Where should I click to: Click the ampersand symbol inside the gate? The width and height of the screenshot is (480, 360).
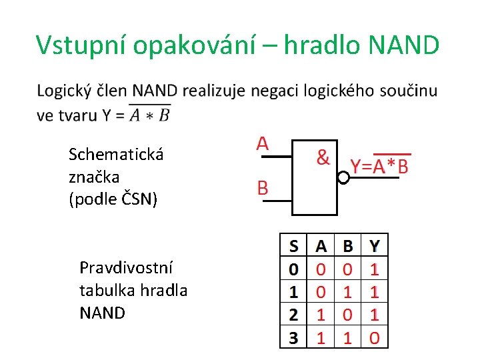coord(323,157)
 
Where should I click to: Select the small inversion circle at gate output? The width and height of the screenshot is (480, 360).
coord(343,178)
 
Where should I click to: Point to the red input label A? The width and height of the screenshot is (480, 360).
coord(263,143)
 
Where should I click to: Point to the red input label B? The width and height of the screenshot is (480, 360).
coord(263,188)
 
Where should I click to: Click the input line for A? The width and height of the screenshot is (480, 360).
coord(276,157)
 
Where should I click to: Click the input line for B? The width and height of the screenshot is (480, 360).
coord(276,199)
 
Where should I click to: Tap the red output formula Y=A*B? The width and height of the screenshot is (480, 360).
coord(379,167)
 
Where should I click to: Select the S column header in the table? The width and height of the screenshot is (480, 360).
coord(293,247)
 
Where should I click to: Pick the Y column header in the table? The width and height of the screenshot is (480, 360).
coord(375,247)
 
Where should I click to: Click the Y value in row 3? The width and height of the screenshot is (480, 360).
coord(375,338)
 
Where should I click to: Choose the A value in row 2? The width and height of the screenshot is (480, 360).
coord(321,315)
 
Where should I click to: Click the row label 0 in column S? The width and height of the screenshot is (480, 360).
coord(293,269)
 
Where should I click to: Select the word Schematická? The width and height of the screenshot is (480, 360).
coord(116,155)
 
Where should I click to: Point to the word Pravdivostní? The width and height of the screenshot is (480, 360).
coord(126,268)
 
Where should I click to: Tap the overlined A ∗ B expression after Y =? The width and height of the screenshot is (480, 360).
coord(150,115)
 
